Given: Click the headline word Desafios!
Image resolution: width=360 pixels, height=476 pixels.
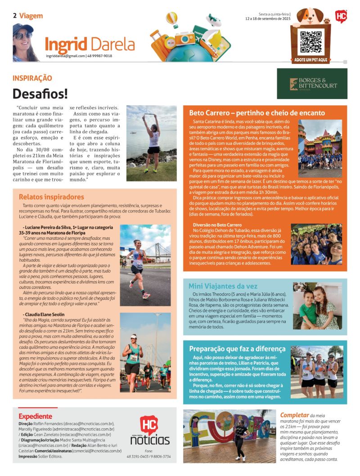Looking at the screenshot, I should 40,93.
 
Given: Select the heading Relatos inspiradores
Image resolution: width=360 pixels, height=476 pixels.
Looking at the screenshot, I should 51,197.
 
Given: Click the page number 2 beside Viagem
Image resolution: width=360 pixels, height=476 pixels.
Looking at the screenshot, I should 15,16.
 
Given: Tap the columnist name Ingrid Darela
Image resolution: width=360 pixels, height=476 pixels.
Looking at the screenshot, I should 90,44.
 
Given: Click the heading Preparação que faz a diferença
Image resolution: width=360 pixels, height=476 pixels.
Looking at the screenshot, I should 237,349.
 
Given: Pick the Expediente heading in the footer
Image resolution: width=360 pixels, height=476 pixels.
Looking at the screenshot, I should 35,416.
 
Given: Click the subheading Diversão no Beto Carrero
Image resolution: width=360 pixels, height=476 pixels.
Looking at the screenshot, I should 217,225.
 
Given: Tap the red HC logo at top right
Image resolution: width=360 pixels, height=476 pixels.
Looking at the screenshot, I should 341,16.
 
